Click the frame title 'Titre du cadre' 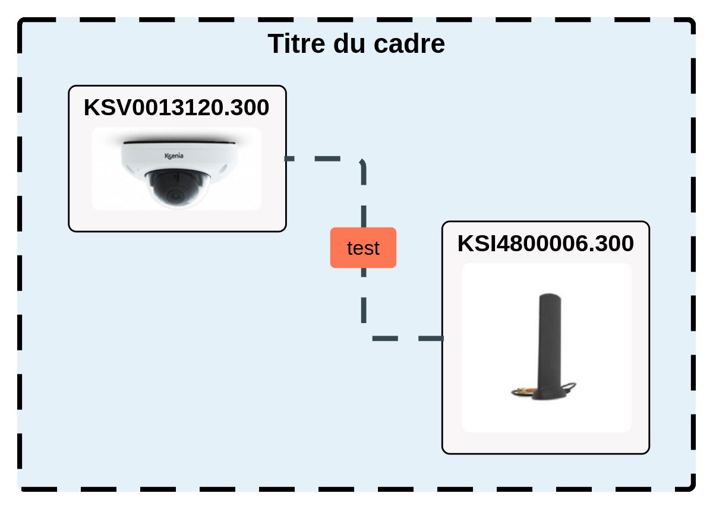pos(356,43)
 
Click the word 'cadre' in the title pos(409,43)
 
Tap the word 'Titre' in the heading pos(296,43)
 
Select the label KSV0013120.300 pos(176,108)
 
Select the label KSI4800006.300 pos(545,244)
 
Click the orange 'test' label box pos(363,248)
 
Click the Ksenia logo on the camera pos(173,156)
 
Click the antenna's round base pos(549,394)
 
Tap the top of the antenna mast pos(550,294)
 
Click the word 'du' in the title pos(349,43)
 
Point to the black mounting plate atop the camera pos(179,143)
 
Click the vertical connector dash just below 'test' pos(364,273)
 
